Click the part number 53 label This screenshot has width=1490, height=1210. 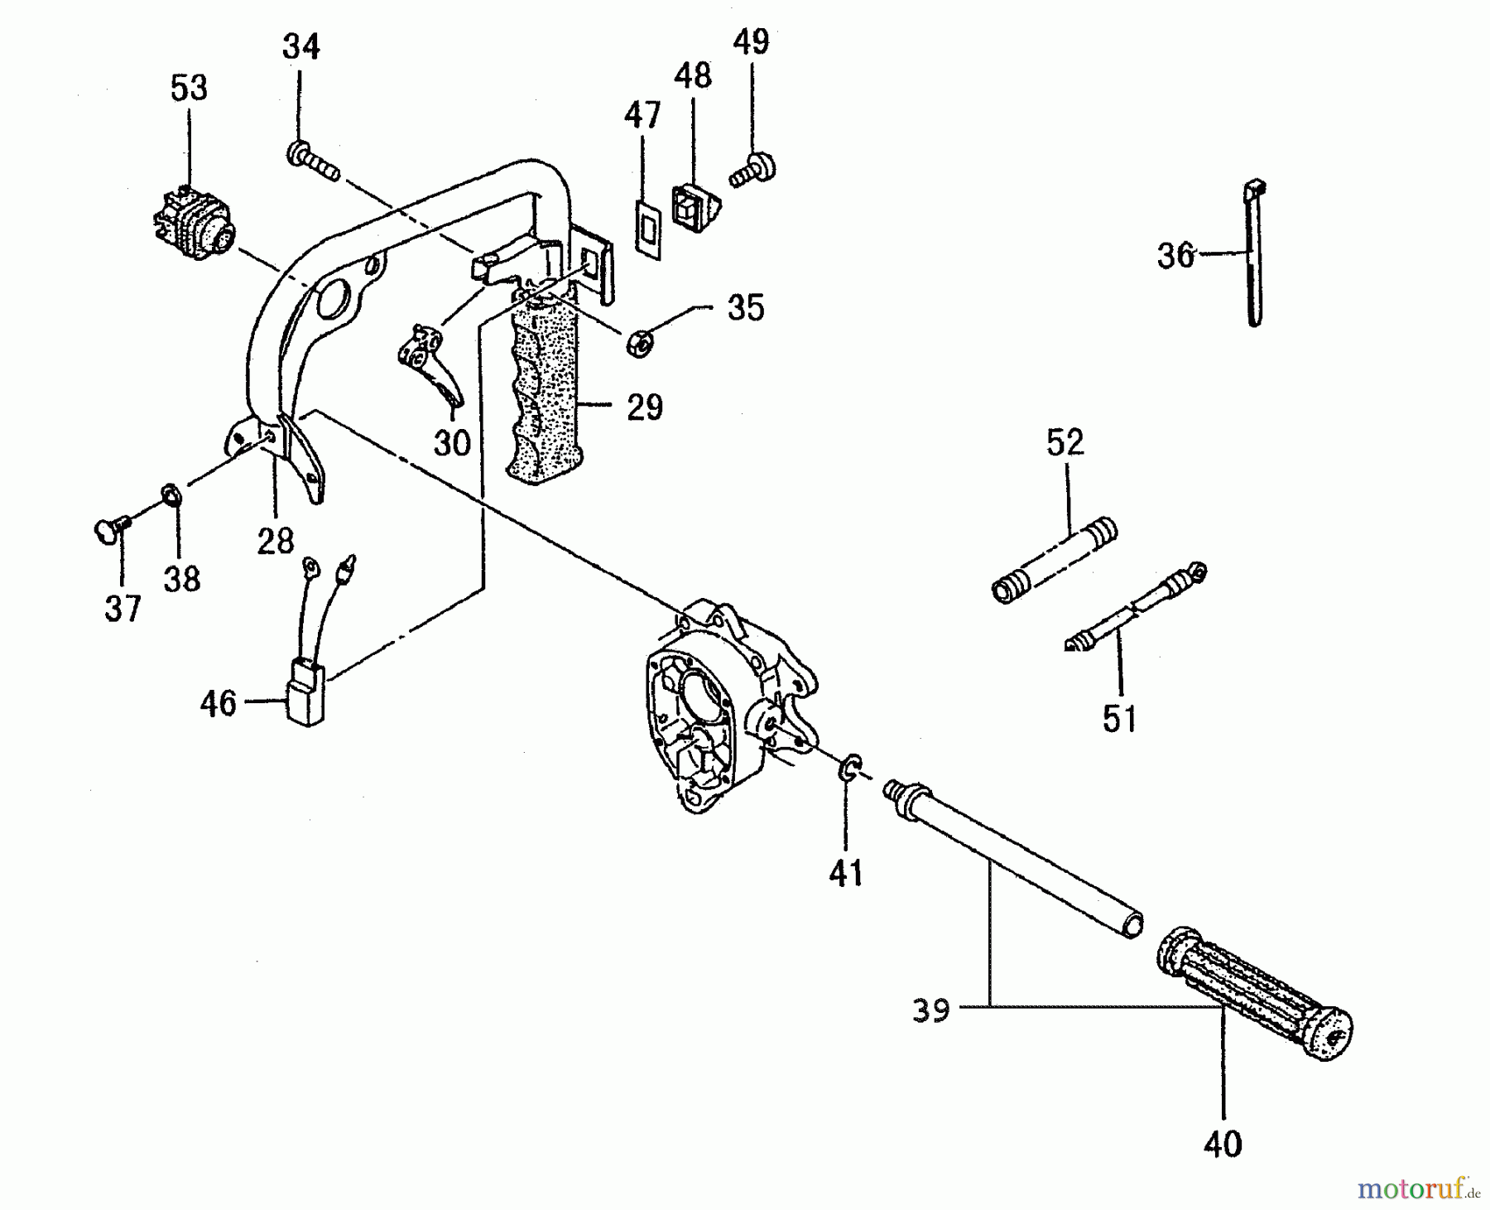coord(189,88)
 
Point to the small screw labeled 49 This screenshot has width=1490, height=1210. coord(752,171)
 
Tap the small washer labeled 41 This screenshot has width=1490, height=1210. coord(849,768)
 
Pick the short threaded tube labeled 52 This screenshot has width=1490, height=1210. coord(1054,561)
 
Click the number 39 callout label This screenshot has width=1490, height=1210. coord(930,1011)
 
